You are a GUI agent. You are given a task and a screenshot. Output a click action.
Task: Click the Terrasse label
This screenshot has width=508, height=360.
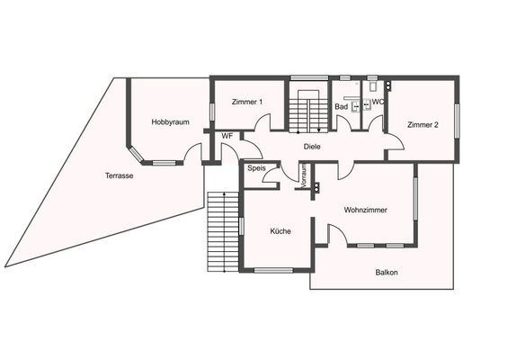coord(120,175)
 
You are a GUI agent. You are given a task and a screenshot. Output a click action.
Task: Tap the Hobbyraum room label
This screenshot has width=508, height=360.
coord(171,122)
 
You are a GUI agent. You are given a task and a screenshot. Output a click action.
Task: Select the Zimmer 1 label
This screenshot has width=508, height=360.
coord(247,102)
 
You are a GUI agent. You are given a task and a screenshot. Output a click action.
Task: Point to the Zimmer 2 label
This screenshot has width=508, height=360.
coord(423,124)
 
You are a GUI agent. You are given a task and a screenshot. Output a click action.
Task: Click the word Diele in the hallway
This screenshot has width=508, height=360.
coord(312,147)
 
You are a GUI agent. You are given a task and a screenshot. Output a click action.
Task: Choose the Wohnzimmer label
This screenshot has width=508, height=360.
coord(365,210)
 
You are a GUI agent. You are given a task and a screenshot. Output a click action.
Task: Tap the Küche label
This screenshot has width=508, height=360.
coord(281,231)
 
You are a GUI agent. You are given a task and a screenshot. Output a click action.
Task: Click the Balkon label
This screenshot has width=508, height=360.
coord(387,273)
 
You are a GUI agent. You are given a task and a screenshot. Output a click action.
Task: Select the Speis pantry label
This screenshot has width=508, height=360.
coord(256,168)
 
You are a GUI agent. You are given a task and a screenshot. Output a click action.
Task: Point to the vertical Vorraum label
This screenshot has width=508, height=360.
coord(304,175)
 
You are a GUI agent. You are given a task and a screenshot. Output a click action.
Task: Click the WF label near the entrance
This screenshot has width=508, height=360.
coord(227,137)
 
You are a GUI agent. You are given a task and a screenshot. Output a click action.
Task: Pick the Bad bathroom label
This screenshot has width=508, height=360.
coord(342,107)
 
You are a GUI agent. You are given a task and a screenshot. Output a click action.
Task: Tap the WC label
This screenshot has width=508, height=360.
coord(378,102)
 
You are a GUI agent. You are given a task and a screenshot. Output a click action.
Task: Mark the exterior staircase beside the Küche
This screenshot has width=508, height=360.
coord(223,231)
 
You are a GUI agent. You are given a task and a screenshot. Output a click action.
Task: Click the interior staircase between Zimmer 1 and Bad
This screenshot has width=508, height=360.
coord(308,111)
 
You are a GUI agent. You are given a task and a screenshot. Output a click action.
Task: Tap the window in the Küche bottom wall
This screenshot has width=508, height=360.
coord(273,270)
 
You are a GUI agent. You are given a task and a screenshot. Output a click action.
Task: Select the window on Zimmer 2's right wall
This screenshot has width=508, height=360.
coord(457,121)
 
